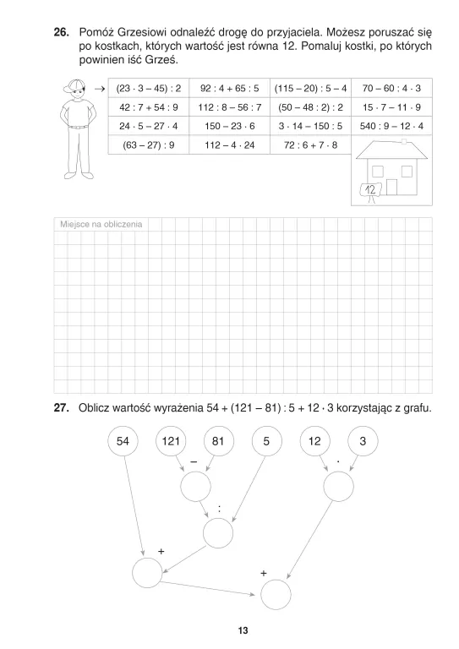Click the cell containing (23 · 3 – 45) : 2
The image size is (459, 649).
click(150, 88)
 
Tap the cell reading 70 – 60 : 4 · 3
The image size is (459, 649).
click(391, 88)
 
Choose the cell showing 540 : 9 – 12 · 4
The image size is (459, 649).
click(391, 126)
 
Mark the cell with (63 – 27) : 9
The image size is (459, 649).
click(150, 145)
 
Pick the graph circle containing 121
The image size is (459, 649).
click(172, 441)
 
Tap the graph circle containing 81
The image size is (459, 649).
click(220, 441)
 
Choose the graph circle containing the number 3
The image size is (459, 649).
click(363, 441)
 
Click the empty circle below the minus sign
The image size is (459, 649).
click(195, 486)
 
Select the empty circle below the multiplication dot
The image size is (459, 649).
click(340, 486)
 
